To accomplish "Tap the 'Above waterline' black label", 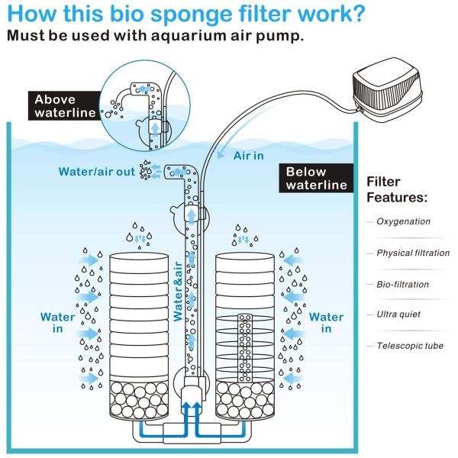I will click(x=66, y=107).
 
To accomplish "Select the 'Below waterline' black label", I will click(x=316, y=178).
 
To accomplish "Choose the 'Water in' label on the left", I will click(x=58, y=322).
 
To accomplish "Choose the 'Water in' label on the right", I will click(x=326, y=322).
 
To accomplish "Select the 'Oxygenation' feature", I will click(x=403, y=221).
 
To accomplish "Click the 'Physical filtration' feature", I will click(x=413, y=253).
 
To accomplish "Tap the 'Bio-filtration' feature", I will click(x=402, y=284).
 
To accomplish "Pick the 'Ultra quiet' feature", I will click(x=398, y=314).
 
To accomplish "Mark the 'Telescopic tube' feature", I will click(x=409, y=346).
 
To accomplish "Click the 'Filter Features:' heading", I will click(x=397, y=189).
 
